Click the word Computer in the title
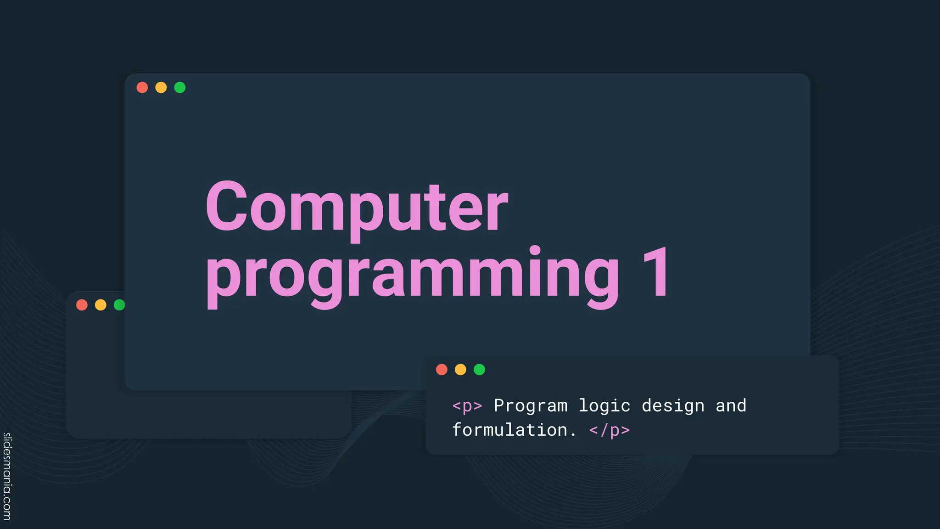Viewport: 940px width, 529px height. [x=357, y=207]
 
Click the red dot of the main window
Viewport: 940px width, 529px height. [x=142, y=87]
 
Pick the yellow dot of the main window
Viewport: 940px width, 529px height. [x=161, y=87]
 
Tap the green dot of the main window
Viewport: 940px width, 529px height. [x=180, y=87]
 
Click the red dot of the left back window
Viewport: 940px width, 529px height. [x=82, y=305]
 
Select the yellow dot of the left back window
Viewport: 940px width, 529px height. [x=101, y=305]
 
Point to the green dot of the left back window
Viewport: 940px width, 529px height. [x=119, y=305]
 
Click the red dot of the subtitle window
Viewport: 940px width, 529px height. [x=442, y=370]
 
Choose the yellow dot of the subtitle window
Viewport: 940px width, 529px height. [x=460, y=370]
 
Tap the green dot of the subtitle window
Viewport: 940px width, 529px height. [x=479, y=370]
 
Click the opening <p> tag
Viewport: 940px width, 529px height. [x=467, y=406]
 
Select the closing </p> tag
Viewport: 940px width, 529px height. [x=610, y=430]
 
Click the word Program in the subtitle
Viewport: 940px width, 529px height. [x=531, y=406]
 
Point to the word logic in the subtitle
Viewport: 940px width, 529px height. [x=604, y=406]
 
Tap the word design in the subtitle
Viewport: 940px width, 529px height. [x=673, y=406]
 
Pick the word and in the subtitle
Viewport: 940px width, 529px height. [x=731, y=406]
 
